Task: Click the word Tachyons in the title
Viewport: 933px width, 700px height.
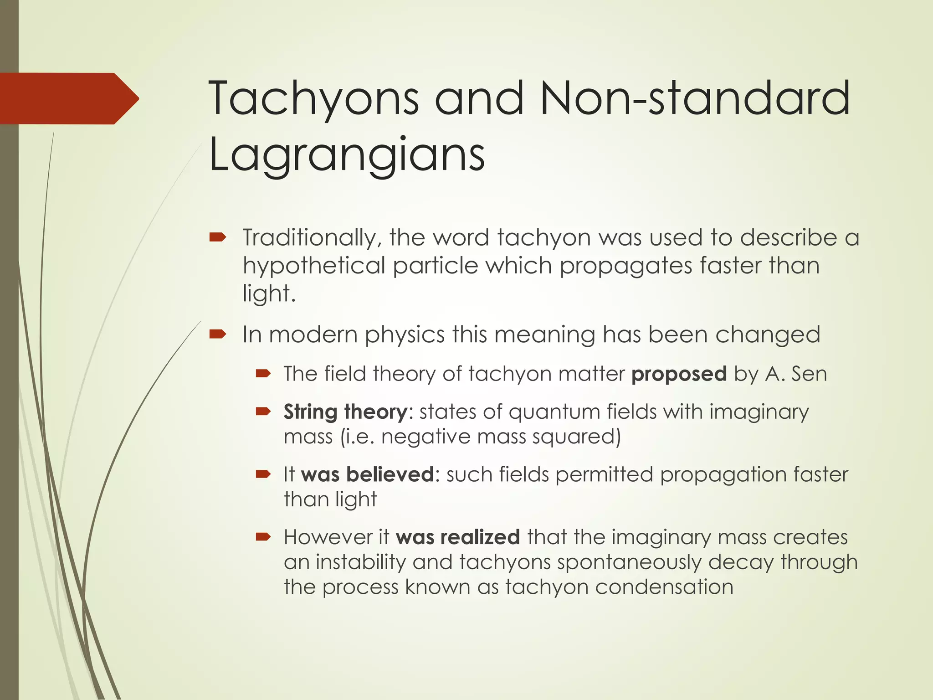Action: click(313, 98)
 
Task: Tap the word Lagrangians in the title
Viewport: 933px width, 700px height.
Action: click(347, 155)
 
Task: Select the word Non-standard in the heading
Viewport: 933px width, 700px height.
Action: click(695, 98)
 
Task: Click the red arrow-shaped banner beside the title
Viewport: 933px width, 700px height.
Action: click(68, 98)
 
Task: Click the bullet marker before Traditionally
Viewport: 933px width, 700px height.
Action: click(218, 237)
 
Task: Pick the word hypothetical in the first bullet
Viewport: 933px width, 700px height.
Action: click(314, 266)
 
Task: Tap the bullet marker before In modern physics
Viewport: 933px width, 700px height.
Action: click(218, 335)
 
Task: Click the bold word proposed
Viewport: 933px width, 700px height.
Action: click(679, 374)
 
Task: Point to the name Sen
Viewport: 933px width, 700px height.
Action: click(809, 374)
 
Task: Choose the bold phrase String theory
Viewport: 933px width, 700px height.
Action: click(345, 412)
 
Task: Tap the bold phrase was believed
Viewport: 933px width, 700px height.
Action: click(367, 474)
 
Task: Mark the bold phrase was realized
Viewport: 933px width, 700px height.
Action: click(457, 537)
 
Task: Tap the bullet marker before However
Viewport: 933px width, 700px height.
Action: click(263, 537)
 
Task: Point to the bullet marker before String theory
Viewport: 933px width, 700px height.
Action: click(263, 412)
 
